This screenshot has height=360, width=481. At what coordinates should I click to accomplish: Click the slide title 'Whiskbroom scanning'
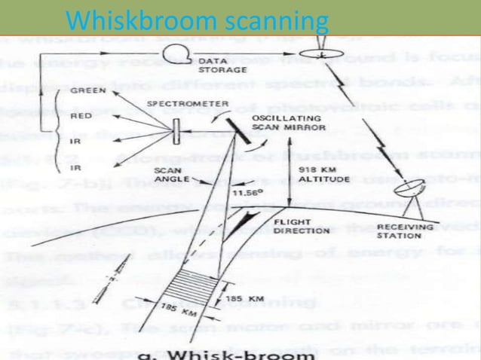click(197, 19)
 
